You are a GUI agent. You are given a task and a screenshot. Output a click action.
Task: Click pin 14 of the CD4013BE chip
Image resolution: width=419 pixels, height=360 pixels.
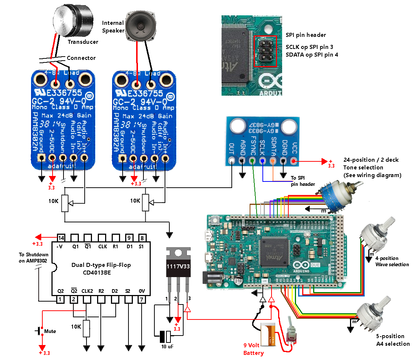(61, 238)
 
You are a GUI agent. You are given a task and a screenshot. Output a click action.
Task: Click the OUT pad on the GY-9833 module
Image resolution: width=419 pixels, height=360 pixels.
(231, 161)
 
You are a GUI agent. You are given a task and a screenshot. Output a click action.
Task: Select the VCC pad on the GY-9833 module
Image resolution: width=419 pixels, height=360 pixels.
(293, 161)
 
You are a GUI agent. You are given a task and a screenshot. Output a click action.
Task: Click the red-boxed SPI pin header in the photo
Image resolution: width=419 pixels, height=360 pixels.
(265, 51)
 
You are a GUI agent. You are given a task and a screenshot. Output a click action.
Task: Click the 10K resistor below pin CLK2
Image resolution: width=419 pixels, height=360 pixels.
(87, 328)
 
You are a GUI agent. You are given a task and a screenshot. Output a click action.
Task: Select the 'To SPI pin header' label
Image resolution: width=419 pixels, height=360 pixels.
(303, 181)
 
